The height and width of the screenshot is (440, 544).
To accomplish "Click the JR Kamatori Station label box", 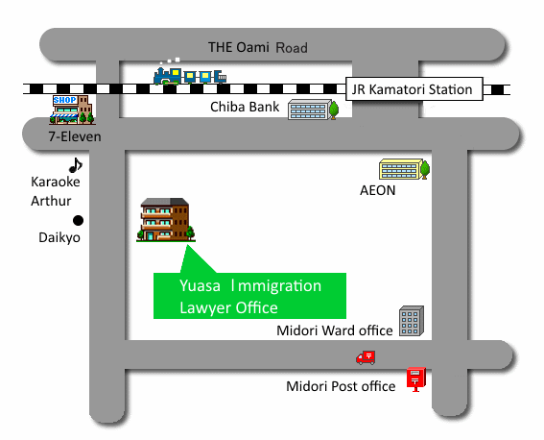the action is point(414,89).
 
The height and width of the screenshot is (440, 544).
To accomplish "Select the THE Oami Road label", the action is point(258,47).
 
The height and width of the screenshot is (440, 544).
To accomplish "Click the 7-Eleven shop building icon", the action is point(72,110).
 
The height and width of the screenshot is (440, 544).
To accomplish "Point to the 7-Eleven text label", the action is point(75,136).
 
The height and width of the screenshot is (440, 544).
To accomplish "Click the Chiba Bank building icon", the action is point(314,110).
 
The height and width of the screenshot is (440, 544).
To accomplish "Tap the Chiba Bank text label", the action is point(245,107).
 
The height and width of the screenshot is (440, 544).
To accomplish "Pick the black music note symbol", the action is point(75,165).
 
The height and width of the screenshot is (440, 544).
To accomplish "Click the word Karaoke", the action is point(56,182).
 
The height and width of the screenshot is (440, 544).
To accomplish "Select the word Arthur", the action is point(51,201).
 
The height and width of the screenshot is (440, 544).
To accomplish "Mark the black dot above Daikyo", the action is point(78,220).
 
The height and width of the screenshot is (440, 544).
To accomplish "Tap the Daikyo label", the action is point(59,238).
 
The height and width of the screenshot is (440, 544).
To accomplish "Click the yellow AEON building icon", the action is point(405,169).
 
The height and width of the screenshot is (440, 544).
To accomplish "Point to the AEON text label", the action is point(377,190).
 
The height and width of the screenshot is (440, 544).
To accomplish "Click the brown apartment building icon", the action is point(166,220).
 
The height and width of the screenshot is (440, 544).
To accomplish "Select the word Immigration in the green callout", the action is point(276,286).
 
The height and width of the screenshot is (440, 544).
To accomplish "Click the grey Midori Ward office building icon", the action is point(412,321).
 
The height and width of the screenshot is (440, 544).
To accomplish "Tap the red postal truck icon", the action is point(366,357).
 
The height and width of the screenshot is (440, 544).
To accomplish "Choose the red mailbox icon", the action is point(416,379).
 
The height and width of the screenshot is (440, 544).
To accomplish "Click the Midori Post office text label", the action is point(341,386).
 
